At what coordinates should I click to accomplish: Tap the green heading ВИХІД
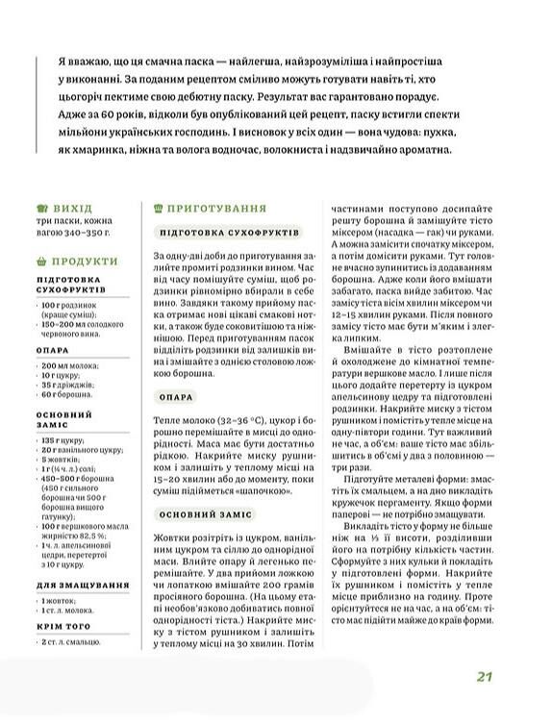pos(74,208)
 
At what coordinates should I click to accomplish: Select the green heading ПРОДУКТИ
pos(86,262)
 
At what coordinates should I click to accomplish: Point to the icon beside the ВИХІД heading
pos(40,208)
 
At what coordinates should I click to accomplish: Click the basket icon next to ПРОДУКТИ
pos(40,262)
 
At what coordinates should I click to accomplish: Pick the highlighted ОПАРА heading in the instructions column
pos(179,397)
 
